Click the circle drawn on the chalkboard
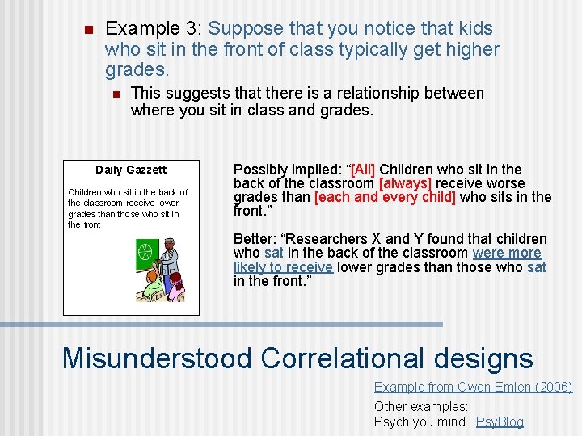(x=145, y=251)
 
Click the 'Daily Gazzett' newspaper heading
(x=130, y=170)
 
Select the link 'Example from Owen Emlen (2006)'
(x=473, y=388)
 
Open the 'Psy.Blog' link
(x=500, y=421)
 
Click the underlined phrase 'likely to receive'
(x=283, y=266)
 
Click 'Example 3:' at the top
(x=154, y=29)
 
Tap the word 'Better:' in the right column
(x=253, y=239)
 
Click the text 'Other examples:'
(x=421, y=407)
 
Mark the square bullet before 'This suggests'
(x=114, y=94)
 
